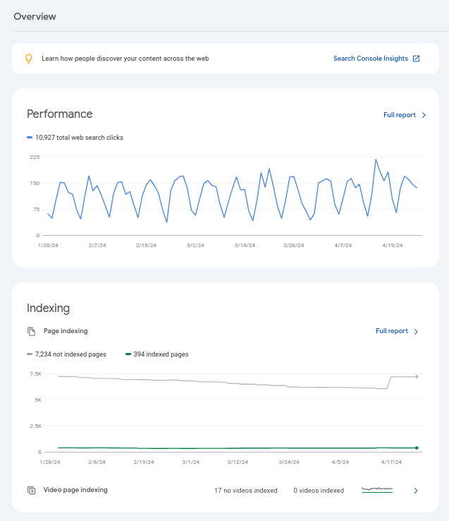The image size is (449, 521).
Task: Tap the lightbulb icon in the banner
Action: pos(29,59)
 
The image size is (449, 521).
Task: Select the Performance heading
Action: pos(59,114)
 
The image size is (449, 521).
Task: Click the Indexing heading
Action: pos(48,308)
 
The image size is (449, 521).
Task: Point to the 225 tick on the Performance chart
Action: pos(35,157)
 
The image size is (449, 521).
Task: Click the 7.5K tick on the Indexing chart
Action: pos(35,373)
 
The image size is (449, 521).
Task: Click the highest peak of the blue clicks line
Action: pos(376,160)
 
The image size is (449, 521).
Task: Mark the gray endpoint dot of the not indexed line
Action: pos(417,376)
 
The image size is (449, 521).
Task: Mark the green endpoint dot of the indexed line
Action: pos(417,448)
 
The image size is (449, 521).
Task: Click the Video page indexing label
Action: pos(75,490)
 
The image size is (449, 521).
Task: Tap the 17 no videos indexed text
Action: pos(246,491)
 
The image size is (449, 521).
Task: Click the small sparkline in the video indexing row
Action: pos(376,489)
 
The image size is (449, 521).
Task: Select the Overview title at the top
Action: pos(35,16)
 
